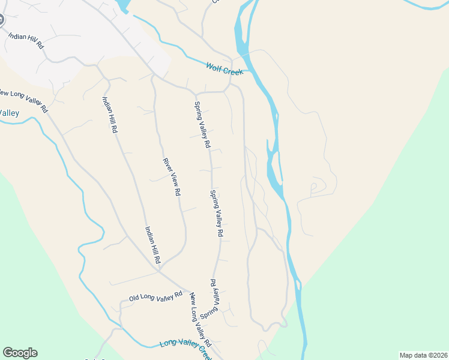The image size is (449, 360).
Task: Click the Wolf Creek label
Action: pyautogui.click(x=224, y=69)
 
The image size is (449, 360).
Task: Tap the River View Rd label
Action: pyautogui.click(x=172, y=177)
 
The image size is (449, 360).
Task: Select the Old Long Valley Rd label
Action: pyautogui.click(x=155, y=296)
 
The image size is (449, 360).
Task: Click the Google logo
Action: pyautogui.click(x=20, y=353)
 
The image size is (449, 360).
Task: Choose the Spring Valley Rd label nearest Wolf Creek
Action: pyautogui.click(x=202, y=124)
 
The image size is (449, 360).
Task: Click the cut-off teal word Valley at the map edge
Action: pyautogui.click(x=10, y=113)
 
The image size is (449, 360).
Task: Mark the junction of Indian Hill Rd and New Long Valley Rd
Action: pyautogui.click(x=159, y=271)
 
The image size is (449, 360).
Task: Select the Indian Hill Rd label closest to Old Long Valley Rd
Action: pyautogui.click(x=152, y=245)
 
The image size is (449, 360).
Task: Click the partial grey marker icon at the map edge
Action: pyautogui.click(x=1, y=19)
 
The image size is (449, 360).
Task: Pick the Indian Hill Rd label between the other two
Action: pyautogui.click(x=110, y=115)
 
